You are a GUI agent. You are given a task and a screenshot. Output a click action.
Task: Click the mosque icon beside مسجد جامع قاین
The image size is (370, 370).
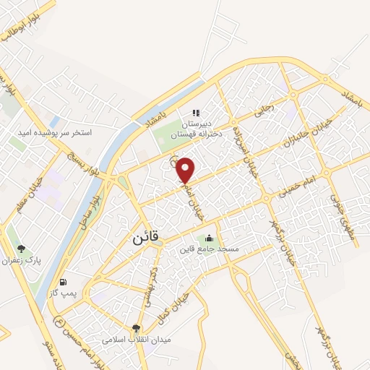coord(210,238)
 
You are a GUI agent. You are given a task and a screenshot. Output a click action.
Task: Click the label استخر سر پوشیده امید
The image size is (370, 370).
coord(56,133)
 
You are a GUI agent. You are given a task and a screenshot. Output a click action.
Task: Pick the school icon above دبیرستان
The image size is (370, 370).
coord(195,113)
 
